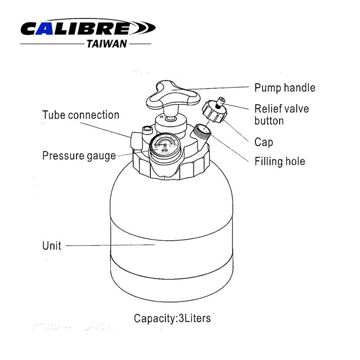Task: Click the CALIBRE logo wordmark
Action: [x=88, y=28]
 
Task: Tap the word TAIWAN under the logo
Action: [x=107, y=44]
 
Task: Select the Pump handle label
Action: [x=285, y=88]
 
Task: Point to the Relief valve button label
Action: [x=282, y=115]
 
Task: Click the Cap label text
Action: [x=264, y=142]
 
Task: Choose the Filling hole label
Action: [x=280, y=161]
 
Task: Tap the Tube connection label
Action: [x=81, y=115]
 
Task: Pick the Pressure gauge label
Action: [x=79, y=156]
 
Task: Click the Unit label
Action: [x=52, y=246]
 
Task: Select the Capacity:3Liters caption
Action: [x=172, y=318]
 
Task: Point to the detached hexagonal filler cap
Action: [x=214, y=111]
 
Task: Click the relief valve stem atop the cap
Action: [x=220, y=102]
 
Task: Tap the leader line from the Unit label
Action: [x=110, y=245]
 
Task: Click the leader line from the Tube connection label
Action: [x=105, y=130]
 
